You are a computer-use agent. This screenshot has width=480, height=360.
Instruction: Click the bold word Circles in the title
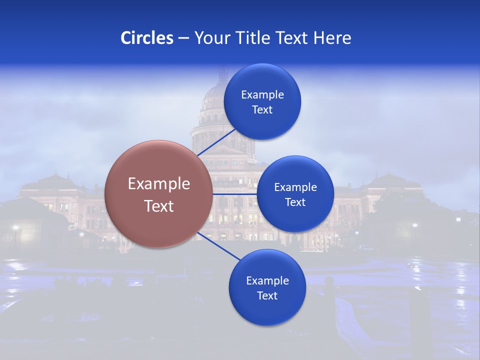tap(146, 38)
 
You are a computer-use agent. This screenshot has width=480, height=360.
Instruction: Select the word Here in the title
tap(332, 38)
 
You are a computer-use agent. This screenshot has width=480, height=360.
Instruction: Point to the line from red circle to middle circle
tap(234, 194)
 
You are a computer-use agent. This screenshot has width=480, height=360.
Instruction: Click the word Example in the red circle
tap(159, 184)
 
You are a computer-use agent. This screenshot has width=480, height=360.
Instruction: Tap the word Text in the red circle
tap(159, 206)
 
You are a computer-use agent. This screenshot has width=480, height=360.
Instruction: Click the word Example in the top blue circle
tap(262, 95)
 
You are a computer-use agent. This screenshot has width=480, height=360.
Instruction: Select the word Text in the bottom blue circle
tap(267, 296)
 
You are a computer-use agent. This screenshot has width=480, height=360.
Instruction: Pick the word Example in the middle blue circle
tap(295, 187)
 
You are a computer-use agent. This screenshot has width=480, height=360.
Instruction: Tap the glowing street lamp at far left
tap(15, 228)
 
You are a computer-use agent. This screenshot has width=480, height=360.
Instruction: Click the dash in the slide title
tap(183, 38)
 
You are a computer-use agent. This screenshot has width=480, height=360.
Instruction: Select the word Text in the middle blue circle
tap(295, 202)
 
